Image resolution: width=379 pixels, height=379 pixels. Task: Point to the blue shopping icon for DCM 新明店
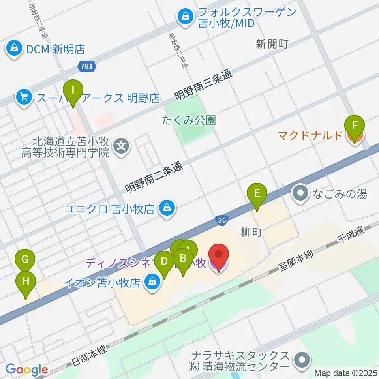pyautogui.click(x=14, y=49)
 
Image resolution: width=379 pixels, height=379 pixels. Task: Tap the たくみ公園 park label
pyautogui.click(x=189, y=120)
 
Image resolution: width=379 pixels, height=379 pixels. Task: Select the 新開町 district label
pyautogui.click(x=272, y=44)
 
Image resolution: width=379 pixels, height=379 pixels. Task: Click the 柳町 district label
pyautogui.click(x=252, y=233)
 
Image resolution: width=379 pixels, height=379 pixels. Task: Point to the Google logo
pyautogui.click(x=27, y=370)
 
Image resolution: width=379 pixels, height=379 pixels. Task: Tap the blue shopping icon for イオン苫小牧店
pyautogui.click(x=152, y=283)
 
